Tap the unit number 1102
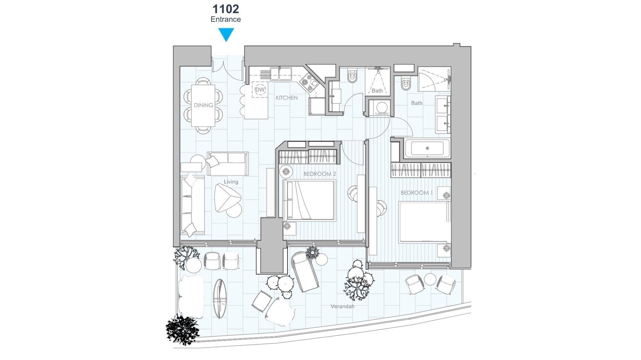(226, 9)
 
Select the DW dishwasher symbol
(260, 89)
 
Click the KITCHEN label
(286, 98)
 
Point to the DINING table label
(203, 105)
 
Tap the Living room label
(231, 182)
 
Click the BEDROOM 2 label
(319, 174)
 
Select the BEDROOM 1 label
(417, 193)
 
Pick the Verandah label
(343, 306)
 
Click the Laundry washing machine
(382, 107)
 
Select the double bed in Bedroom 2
(309, 200)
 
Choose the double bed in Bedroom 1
(424, 222)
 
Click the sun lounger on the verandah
(304, 272)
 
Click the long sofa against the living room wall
(193, 205)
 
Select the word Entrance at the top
(226, 19)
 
